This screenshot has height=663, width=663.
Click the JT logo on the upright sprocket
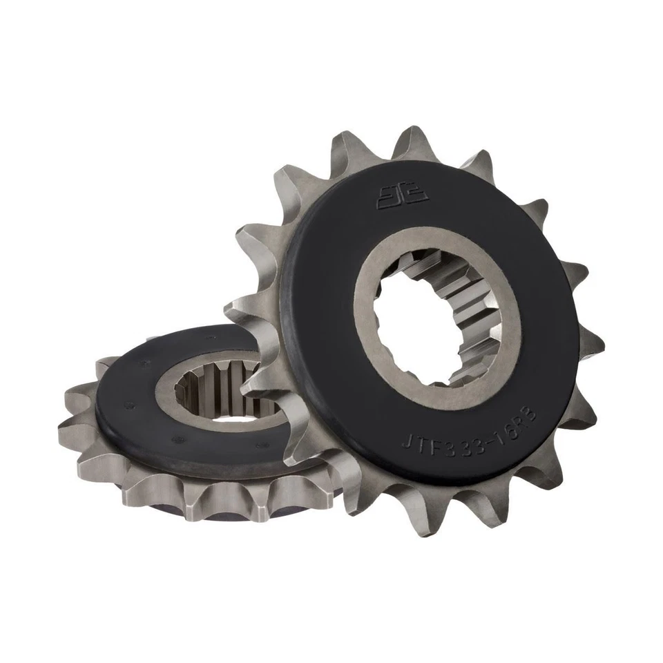pos(402,195)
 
